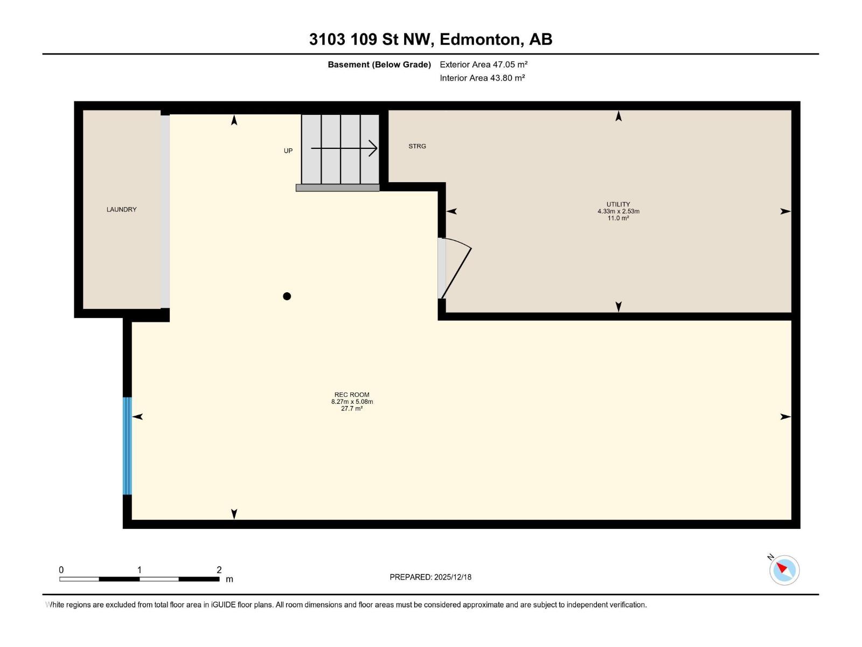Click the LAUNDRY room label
coord(121,209)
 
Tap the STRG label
coord(417,146)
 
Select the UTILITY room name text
coord(618,204)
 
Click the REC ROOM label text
coord(352,395)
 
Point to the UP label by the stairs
coord(288,151)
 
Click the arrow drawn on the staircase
coord(345,148)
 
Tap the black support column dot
coord(287,296)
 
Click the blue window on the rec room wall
coord(127,446)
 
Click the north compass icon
coord(784,570)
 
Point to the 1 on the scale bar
coord(140,570)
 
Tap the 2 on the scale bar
coord(219,570)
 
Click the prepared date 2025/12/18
coord(453,577)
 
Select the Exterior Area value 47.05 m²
coord(510,64)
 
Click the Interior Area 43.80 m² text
coord(482,78)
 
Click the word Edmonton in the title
coord(481,39)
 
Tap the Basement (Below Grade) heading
coord(379,65)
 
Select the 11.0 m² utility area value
coord(618,218)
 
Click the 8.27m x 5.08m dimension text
coord(352,402)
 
